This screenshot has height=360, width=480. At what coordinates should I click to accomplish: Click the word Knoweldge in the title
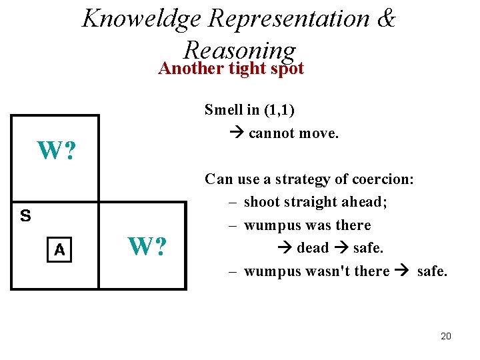point(141,18)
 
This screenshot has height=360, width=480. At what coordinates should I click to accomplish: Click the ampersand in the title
point(386,18)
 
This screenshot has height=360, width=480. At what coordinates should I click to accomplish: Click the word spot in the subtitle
point(285,68)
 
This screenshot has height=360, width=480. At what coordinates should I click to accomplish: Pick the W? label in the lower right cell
point(147,247)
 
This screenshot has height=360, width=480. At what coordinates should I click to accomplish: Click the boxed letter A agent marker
point(60,250)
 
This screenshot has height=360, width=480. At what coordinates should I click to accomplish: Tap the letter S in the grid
point(25,216)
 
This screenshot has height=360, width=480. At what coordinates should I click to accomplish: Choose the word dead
point(313,248)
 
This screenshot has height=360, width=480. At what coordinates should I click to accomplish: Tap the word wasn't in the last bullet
point(365,271)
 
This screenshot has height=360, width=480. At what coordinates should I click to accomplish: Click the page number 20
point(446,336)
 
